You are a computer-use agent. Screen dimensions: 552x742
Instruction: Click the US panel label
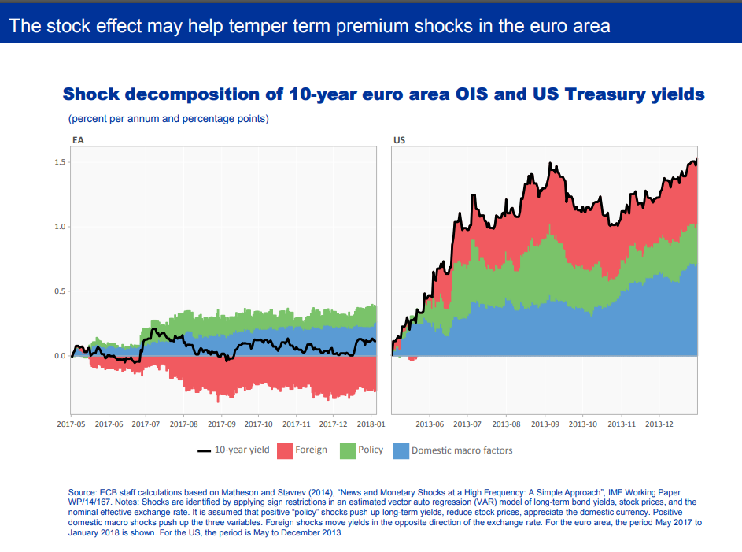click(x=399, y=140)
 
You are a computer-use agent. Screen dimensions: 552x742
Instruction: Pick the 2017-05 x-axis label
click(x=71, y=424)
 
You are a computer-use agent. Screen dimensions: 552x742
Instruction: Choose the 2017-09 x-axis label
click(x=221, y=424)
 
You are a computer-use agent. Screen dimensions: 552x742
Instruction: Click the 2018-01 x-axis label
click(x=371, y=424)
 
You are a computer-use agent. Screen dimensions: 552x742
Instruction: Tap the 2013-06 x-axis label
click(x=430, y=424)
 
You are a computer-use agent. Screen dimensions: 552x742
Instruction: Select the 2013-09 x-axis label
click(x=545, y=424)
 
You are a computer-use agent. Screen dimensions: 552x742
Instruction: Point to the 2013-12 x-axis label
click(x=659, y=424)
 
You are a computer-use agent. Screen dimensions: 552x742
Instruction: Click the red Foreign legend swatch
click(x=283, y=450)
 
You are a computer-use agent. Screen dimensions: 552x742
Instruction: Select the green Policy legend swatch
click(x=348, y=450)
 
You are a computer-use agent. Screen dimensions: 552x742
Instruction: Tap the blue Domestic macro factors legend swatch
click(x=401, y=450)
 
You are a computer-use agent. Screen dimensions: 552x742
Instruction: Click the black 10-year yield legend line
click(x=204, y=451)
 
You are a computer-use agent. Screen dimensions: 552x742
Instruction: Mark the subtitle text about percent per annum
click(x=168, y=119)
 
